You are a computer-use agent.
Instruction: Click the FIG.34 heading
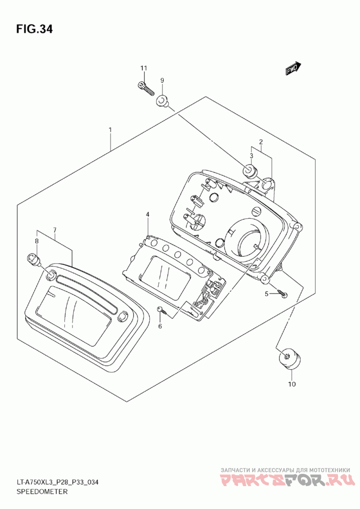tap(35, 29)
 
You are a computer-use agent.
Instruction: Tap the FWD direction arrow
tap(293, 68)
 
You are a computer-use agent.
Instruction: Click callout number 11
tap(144, 68)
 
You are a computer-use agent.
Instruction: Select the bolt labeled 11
tap(145, 87)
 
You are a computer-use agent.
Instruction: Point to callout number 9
tap(162, 80)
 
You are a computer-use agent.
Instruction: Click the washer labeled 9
tap(161, 101)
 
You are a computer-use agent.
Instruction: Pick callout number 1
tap(110, 130)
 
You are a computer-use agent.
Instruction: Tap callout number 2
tap(261, 142)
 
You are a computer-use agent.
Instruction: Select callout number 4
tap(148, 214)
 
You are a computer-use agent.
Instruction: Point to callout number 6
tap(160, 326)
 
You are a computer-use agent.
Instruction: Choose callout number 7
tap(54, 230)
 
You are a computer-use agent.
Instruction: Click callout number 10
tap(292, 384)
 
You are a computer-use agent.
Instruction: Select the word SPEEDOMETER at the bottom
tap(42, 491)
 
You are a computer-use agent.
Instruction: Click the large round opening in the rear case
tap(250, 238)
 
